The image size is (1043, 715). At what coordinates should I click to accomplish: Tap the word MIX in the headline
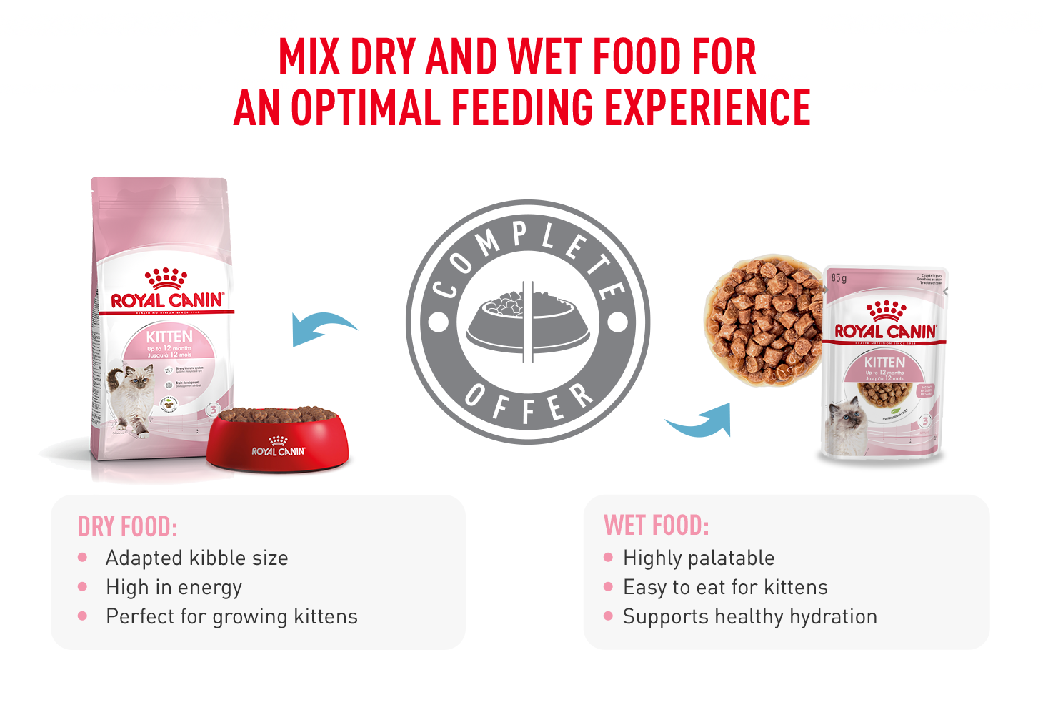[308, 57]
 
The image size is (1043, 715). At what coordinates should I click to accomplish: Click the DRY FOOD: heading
[127, 527]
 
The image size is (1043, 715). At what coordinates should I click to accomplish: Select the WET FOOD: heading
[656, 526]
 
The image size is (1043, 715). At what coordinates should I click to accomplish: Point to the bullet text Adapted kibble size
[196, 558]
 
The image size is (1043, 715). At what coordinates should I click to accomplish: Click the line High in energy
[174, 587]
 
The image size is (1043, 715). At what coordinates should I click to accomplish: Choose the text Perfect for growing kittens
[231, 616]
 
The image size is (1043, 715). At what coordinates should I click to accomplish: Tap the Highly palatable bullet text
[698, 558]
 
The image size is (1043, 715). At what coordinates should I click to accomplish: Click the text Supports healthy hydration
[749, 616]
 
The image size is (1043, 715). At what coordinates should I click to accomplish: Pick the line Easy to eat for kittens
[725, 587]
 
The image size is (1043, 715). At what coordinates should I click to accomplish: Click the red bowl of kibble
[277, 439]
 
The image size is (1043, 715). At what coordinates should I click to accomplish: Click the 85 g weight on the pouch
[839, 277]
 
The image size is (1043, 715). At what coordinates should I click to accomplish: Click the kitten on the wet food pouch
[847, 427]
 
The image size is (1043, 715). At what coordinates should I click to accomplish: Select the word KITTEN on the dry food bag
[169, 337]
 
